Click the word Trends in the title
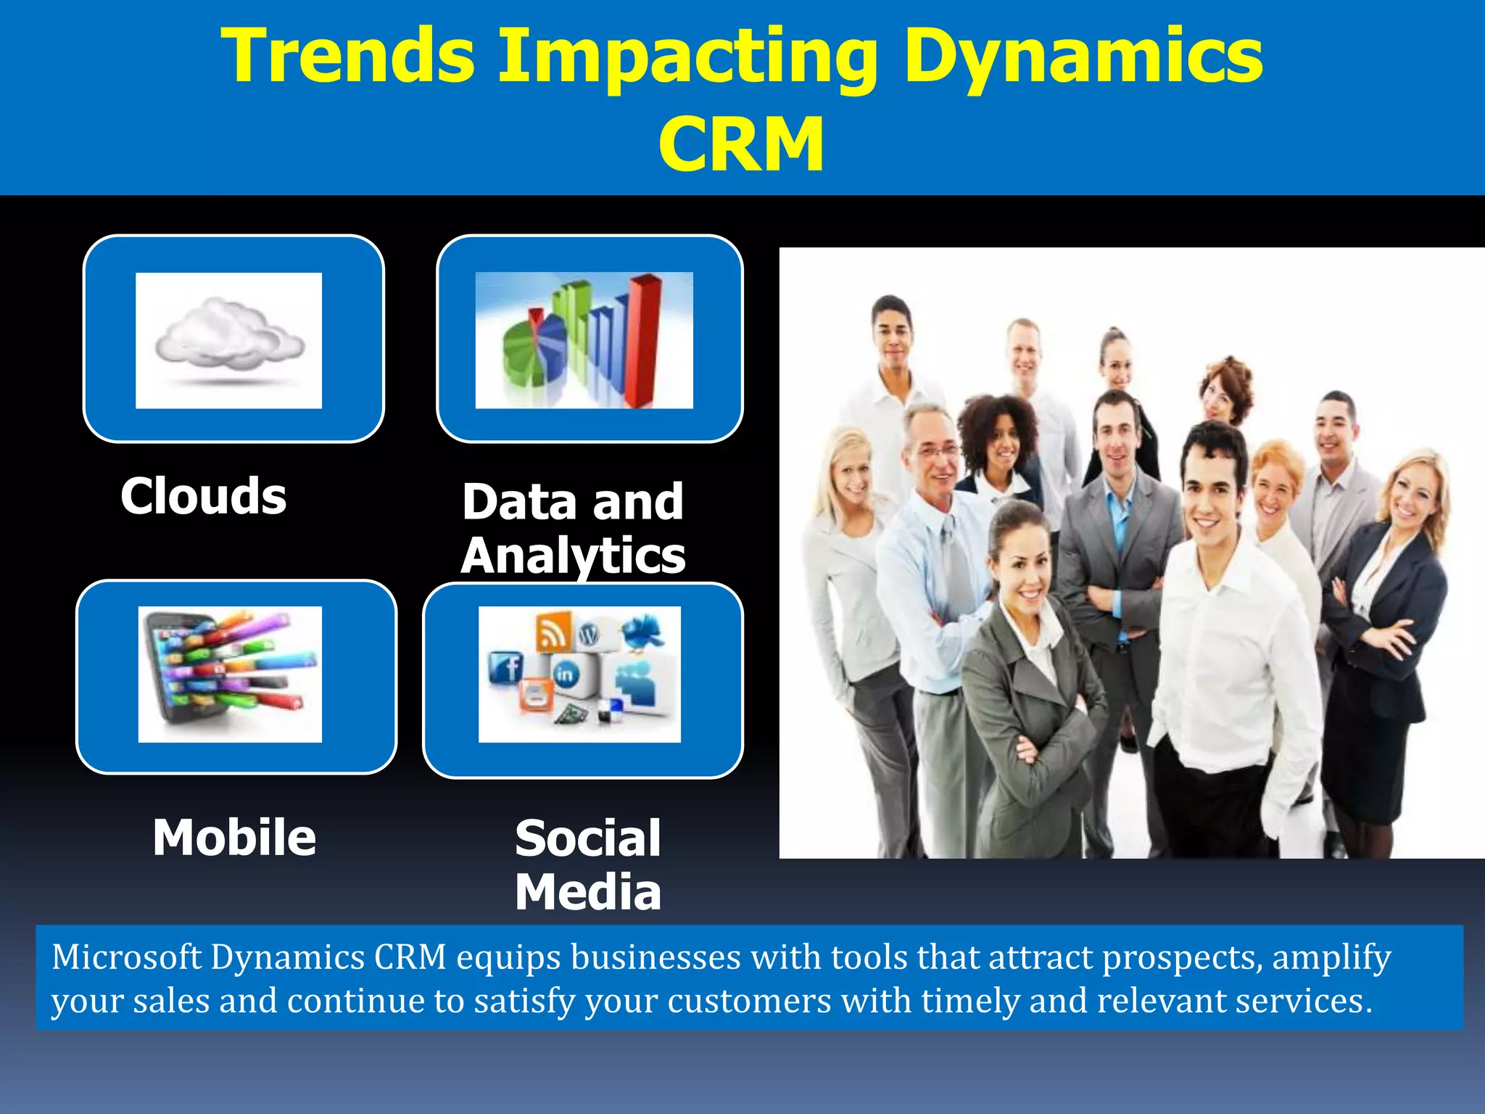[x=348, y=57]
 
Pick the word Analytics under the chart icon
[x=573, y=556]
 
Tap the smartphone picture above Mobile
[x=229, y=673]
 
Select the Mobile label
[x=234, y=838]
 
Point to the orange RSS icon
[x=553, y=631]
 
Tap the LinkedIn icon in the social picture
[x=565, y=674]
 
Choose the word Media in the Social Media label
[x=588, y=892]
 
